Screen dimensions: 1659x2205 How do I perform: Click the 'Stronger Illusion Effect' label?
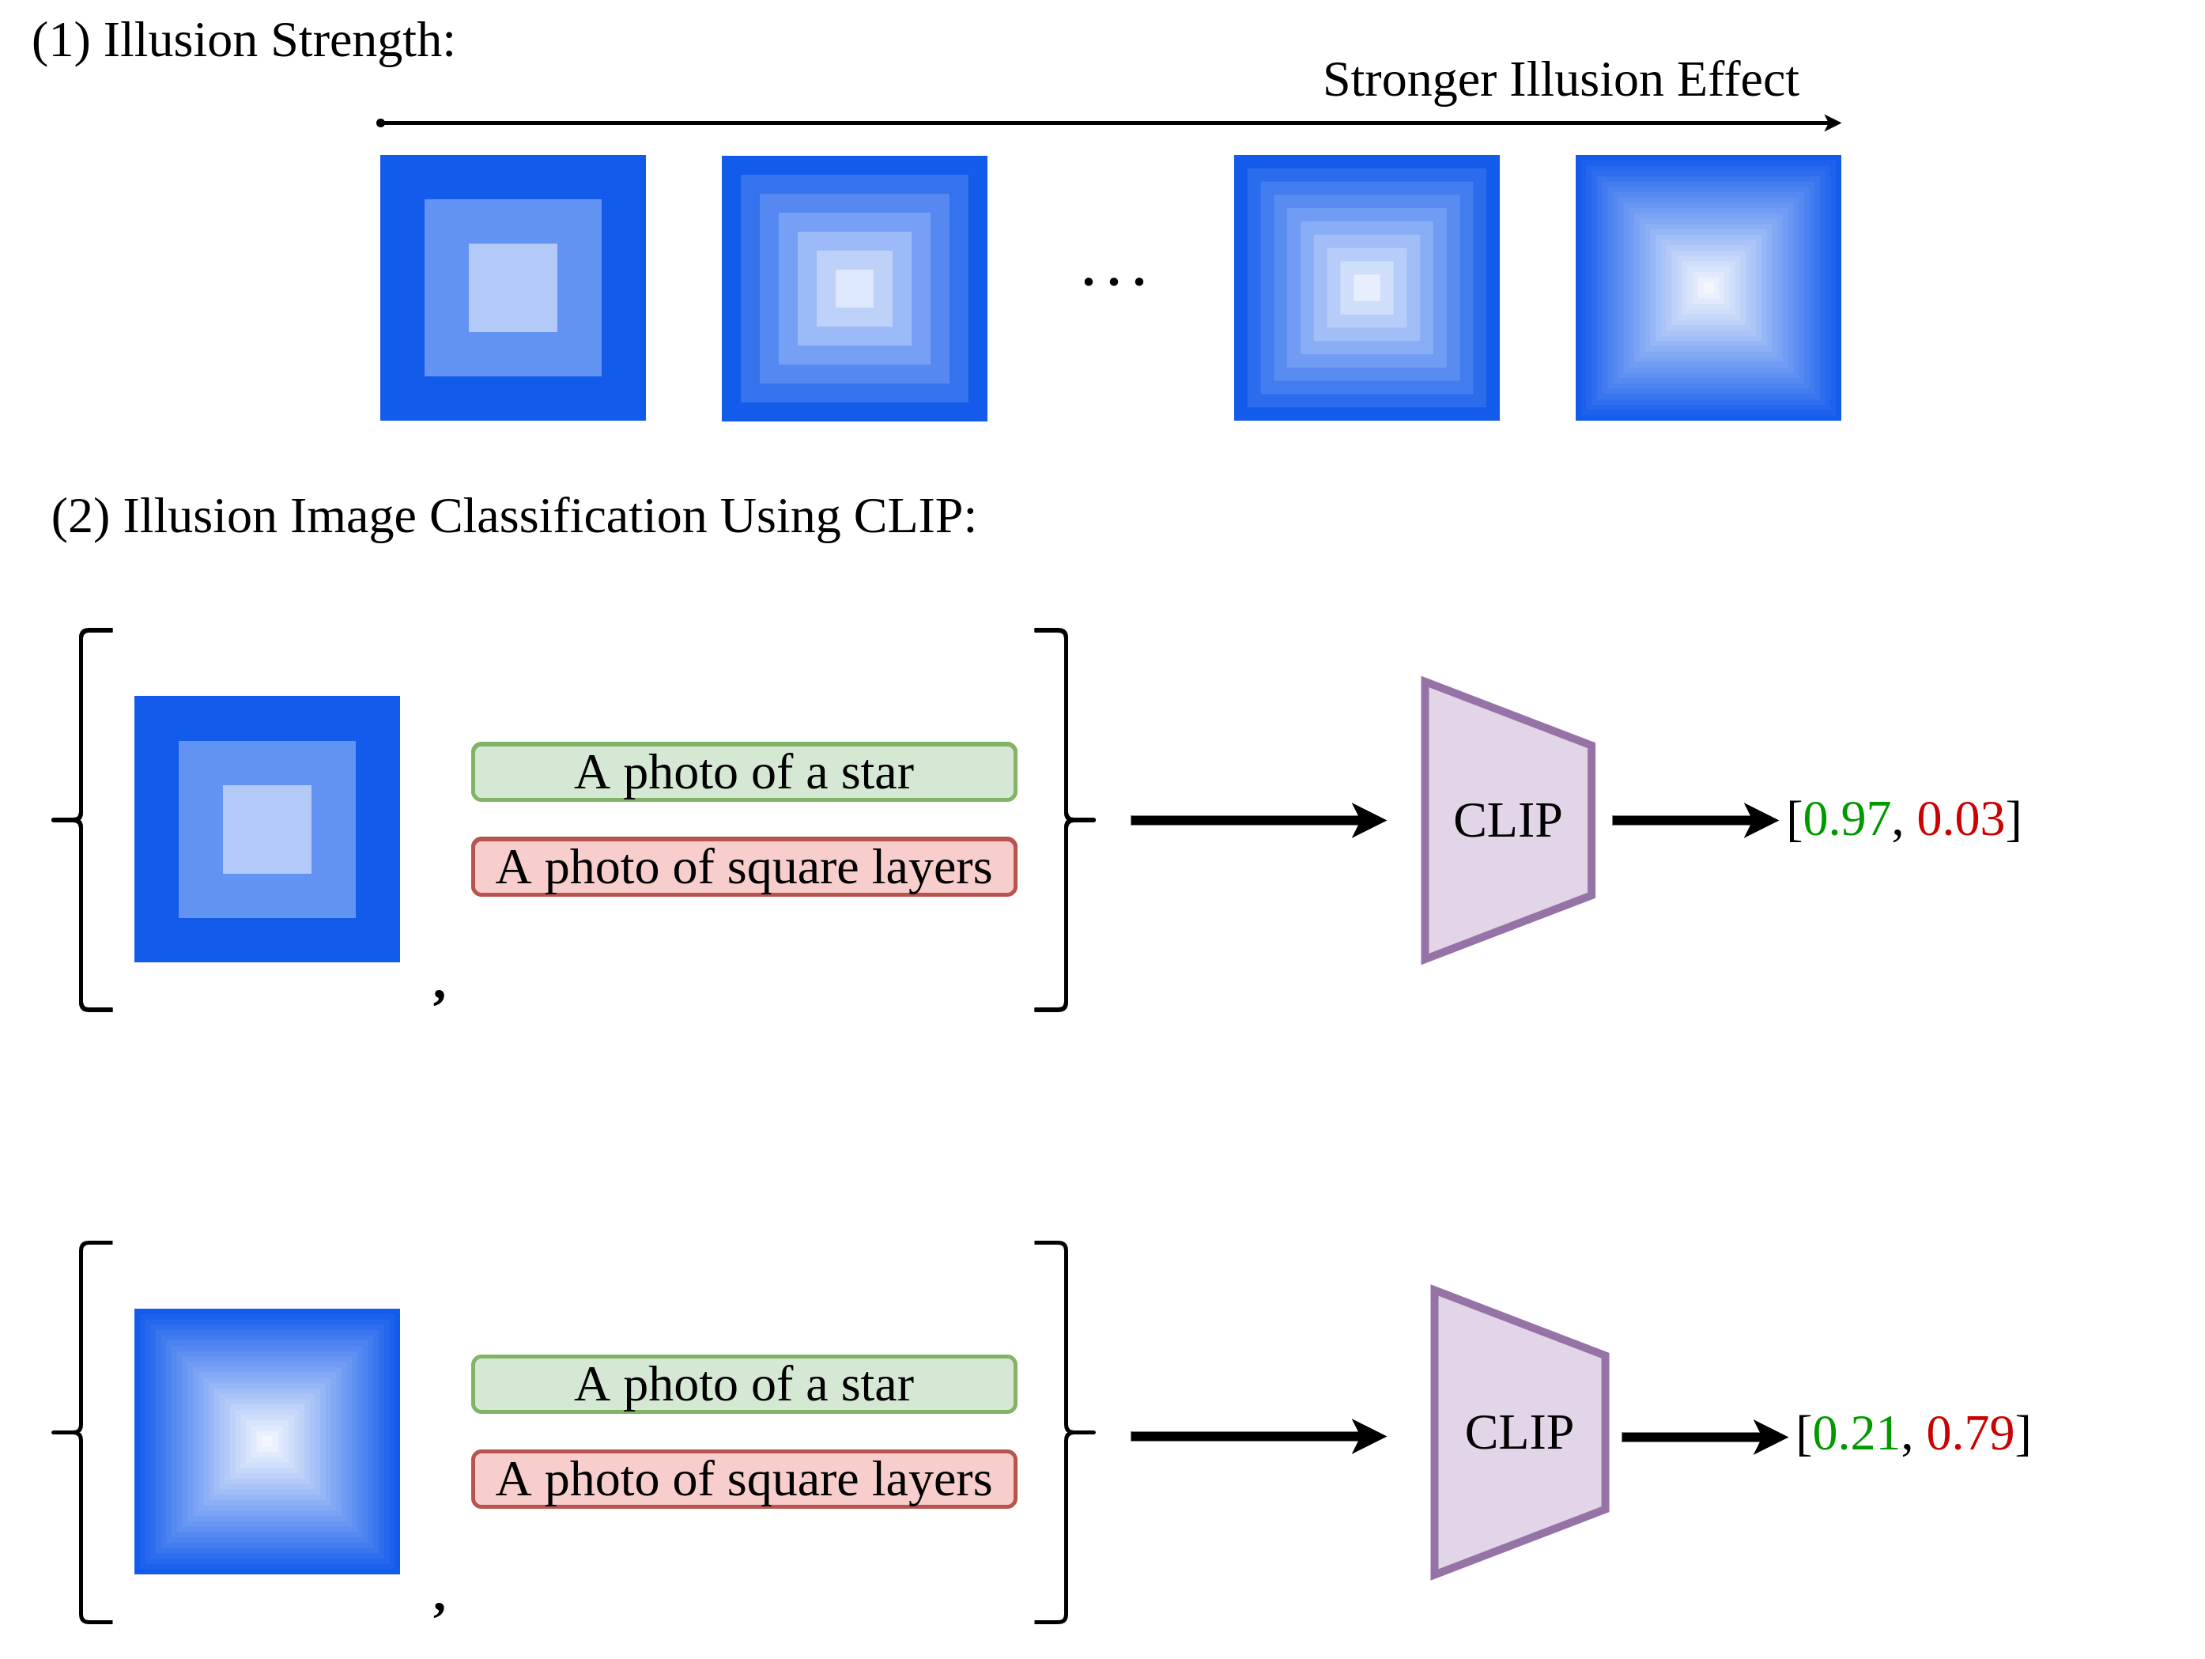[1559, 80]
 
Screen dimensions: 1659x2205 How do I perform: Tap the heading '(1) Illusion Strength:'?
[244, 42]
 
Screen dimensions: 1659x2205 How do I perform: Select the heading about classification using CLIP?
[513, 516]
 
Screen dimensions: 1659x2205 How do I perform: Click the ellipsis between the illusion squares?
[1113, 282]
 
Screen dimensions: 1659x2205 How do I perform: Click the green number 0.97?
[1846, 819]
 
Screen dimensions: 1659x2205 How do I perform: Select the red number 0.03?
[1960, 819]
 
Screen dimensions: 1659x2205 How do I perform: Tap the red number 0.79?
[1969, 1434]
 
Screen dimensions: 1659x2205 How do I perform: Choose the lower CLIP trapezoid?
[1518, 1433]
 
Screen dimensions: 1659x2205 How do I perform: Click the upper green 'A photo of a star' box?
[744, 772]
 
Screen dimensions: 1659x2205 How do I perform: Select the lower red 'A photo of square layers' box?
[744, 1479]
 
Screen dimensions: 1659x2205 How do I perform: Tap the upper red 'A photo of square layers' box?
[744, 867]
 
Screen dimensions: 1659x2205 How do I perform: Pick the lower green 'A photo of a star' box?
[744, 1384]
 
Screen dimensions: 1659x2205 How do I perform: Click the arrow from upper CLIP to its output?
[1693, 821]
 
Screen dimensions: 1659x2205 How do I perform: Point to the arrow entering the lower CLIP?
[1256, 1436]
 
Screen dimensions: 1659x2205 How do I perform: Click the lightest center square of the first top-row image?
[512, 287]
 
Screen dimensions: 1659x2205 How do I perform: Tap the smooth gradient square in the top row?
[1707, 287]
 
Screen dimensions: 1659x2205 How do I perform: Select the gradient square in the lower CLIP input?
[267, 1441]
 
